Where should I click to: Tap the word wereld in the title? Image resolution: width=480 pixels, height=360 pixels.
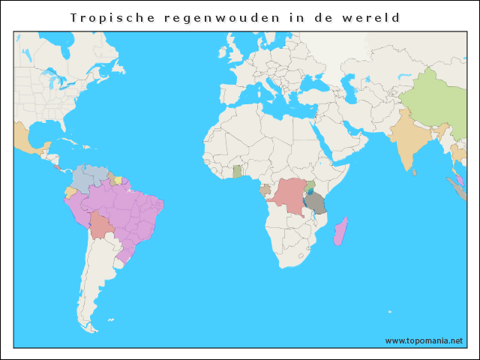(x=373, y=17)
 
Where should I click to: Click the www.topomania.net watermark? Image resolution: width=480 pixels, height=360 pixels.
(x=424, y=340)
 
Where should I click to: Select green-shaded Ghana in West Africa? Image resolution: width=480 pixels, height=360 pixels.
(x=237, y=172)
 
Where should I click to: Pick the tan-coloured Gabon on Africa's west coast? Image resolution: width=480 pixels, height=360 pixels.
(x=264, y=191)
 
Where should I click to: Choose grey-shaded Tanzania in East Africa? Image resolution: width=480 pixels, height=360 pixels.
(x=316, y=202)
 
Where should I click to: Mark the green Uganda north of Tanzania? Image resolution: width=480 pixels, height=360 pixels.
(x=310, y=185)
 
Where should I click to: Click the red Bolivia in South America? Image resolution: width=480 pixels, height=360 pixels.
(x=100, y=224)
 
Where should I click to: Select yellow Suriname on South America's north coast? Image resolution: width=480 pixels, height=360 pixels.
(x=117, y=180)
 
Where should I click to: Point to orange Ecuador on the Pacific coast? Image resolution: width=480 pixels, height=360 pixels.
(x=70, y=193)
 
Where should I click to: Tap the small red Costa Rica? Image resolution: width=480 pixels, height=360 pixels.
(x=55, y=166)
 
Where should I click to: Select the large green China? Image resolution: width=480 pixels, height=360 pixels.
(x=431, y=101)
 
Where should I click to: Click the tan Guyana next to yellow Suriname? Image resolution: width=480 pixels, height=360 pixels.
(x=111, y=179)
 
